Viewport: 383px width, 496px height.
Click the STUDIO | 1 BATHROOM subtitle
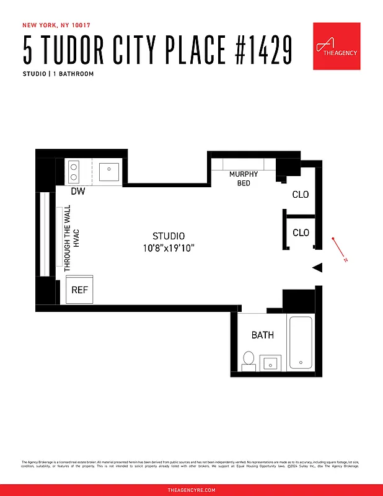58,74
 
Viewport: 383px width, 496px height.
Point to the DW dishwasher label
77,192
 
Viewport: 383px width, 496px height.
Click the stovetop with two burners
74,169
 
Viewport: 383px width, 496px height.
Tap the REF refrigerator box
79,290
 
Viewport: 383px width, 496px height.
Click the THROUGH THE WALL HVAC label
72,239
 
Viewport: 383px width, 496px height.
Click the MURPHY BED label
244,179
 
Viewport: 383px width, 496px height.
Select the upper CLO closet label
301,195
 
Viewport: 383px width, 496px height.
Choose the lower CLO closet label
301,233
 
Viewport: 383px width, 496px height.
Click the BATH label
262,335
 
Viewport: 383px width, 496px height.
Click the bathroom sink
271,363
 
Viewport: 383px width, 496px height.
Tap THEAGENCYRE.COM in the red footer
191,490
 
